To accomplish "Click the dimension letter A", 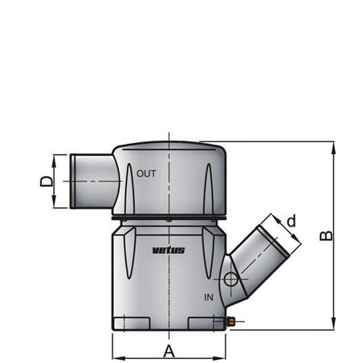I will pyautogui.click(x=169, y=350).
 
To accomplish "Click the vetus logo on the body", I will pyautogui.click(x=169, y=250).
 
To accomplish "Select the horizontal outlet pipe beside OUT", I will pyautogui.click(x=92, y=181).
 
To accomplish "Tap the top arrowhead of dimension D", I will pyautogui.click(x=55, y=158).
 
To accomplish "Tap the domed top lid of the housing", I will pyautogui.click(x=168, y=150).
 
